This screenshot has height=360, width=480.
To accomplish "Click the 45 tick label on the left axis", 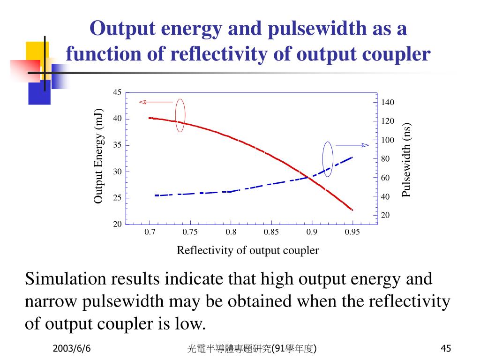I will (x=117, y=92).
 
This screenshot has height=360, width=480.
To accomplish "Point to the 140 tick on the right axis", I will (x=388, y=103).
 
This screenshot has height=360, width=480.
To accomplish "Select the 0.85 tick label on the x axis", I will (x=271, y=232).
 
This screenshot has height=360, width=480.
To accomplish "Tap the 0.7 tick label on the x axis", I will (x=150, y=232).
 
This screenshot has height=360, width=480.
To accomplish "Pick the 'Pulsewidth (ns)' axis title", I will (x=406, y=161).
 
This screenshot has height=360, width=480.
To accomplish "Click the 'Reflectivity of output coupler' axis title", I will (x=247, y=250).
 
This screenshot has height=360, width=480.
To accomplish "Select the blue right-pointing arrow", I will (x=352, y=145).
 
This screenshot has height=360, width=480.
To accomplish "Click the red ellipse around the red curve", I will (x=180, y=115).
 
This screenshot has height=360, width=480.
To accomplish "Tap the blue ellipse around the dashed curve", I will (x=328, y=159).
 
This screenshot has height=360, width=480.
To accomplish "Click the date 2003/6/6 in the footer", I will (x=72, y=349).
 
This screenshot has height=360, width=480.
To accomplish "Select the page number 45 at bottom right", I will (x=446, y=349).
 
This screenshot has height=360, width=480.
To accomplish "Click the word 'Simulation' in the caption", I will (x=66, y=279).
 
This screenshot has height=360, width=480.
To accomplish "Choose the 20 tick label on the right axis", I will (x=385, y=215).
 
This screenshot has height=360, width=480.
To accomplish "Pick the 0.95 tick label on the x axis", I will (x=352, y=232).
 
